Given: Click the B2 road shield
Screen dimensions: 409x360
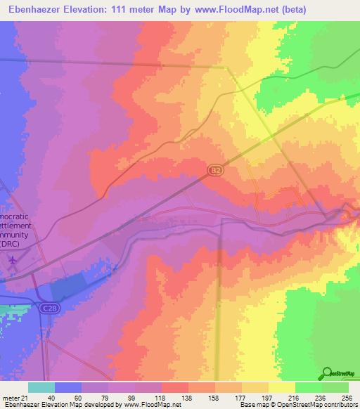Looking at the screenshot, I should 216,170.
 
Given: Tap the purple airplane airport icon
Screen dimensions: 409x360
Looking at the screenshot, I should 13,260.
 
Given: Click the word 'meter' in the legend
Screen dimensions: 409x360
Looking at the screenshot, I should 10,397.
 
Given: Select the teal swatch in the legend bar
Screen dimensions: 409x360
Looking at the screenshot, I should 41,387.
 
